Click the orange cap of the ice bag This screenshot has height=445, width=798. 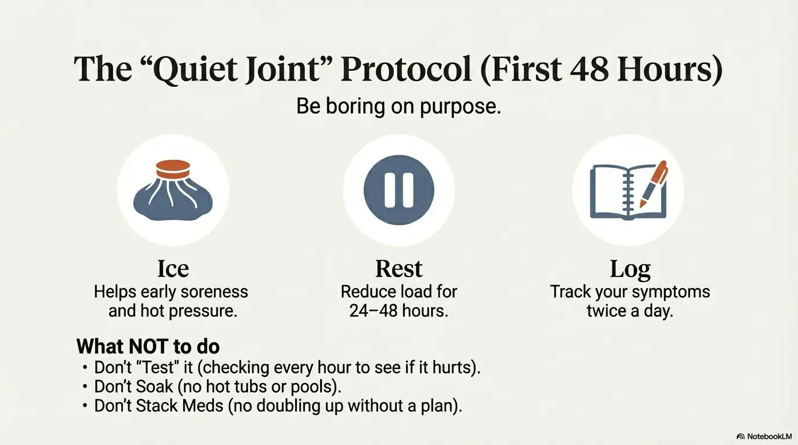pos(173,169)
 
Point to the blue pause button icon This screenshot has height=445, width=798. pos(399,190)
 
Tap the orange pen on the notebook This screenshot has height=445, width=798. pos(654,184)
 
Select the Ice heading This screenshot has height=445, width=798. pos(173,269)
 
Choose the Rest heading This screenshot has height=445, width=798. pos(399,269)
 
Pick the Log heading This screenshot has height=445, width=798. pos(630,270)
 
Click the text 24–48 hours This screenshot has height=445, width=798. pos(398,311)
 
